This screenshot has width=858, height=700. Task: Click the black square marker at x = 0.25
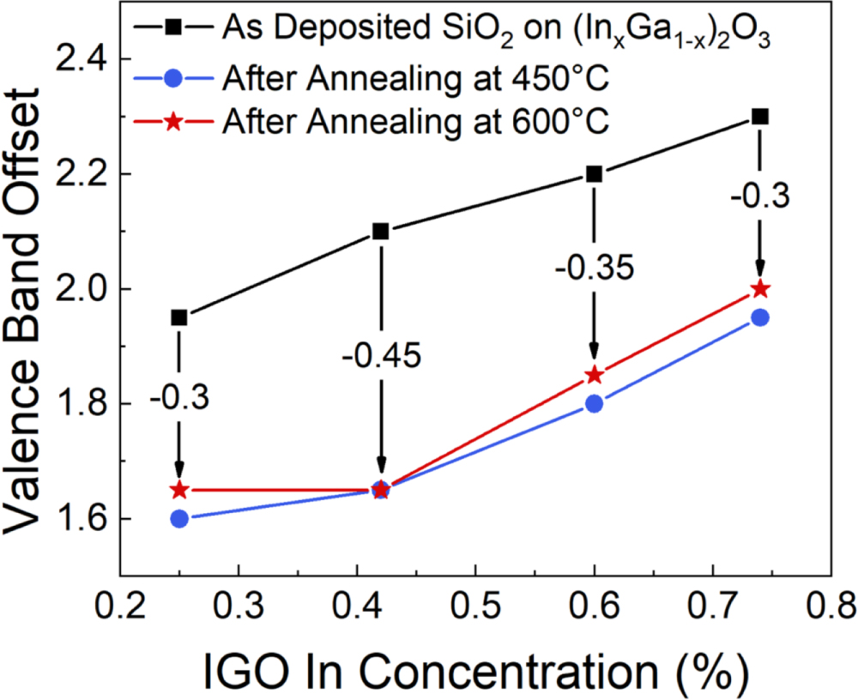[179, 317]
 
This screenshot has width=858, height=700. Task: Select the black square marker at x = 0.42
[381, 231]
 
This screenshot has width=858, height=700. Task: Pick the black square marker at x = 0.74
[759, 116]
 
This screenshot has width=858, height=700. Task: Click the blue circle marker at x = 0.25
[179, 518]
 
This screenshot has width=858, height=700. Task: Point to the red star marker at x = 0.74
[759, 288]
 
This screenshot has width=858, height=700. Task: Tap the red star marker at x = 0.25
[179, 489]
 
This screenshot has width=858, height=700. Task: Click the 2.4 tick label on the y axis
[80, 58]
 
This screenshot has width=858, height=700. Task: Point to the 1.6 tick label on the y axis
[80, 518]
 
